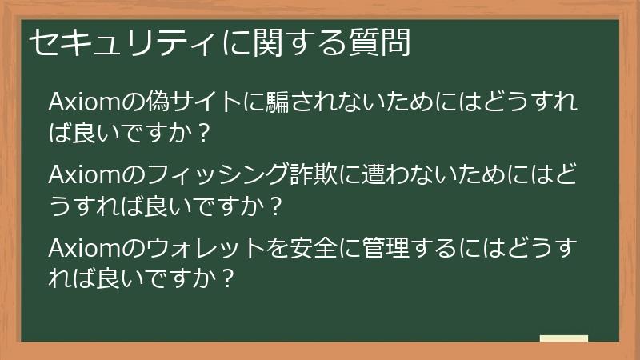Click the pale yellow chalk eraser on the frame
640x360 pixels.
tap(563, 338)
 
